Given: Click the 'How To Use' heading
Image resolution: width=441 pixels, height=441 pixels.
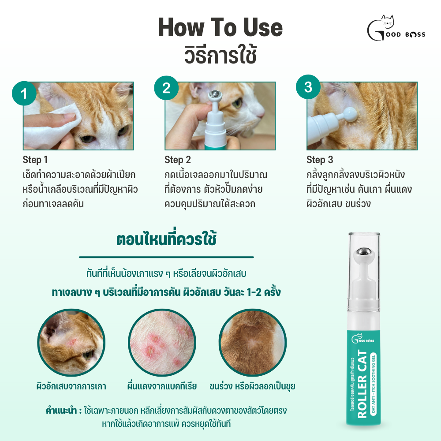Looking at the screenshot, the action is (220, 27).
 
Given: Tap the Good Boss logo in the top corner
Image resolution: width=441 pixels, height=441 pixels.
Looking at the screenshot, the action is (396, 28).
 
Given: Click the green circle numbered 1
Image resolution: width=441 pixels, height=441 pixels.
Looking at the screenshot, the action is (24, 93).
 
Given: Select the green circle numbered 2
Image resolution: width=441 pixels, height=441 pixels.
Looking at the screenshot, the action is (167, 88).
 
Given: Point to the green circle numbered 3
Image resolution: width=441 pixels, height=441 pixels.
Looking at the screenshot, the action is (308, 87).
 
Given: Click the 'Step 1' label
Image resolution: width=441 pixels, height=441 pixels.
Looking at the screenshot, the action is (35, 160).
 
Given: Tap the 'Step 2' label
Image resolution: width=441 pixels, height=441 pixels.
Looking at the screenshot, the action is (178, 160).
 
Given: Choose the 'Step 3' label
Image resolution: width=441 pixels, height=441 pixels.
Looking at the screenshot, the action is (320, 160).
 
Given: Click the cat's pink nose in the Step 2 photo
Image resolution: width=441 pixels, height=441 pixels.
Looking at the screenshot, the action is (262, 114).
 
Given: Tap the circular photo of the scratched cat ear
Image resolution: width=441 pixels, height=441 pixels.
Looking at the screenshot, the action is (71, 342).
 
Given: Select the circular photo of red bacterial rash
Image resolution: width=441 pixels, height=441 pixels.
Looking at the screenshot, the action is (162, 342).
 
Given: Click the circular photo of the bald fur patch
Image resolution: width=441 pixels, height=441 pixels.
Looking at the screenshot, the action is (253, 342).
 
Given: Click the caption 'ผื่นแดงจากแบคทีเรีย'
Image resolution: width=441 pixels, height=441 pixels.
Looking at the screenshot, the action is (162, 386).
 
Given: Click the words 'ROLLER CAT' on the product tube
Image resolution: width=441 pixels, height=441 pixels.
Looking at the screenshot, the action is (362, 384).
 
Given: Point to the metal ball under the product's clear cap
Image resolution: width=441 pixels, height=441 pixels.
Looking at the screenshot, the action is (364, 252).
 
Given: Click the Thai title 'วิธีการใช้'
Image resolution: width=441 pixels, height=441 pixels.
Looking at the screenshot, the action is (220, 55).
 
